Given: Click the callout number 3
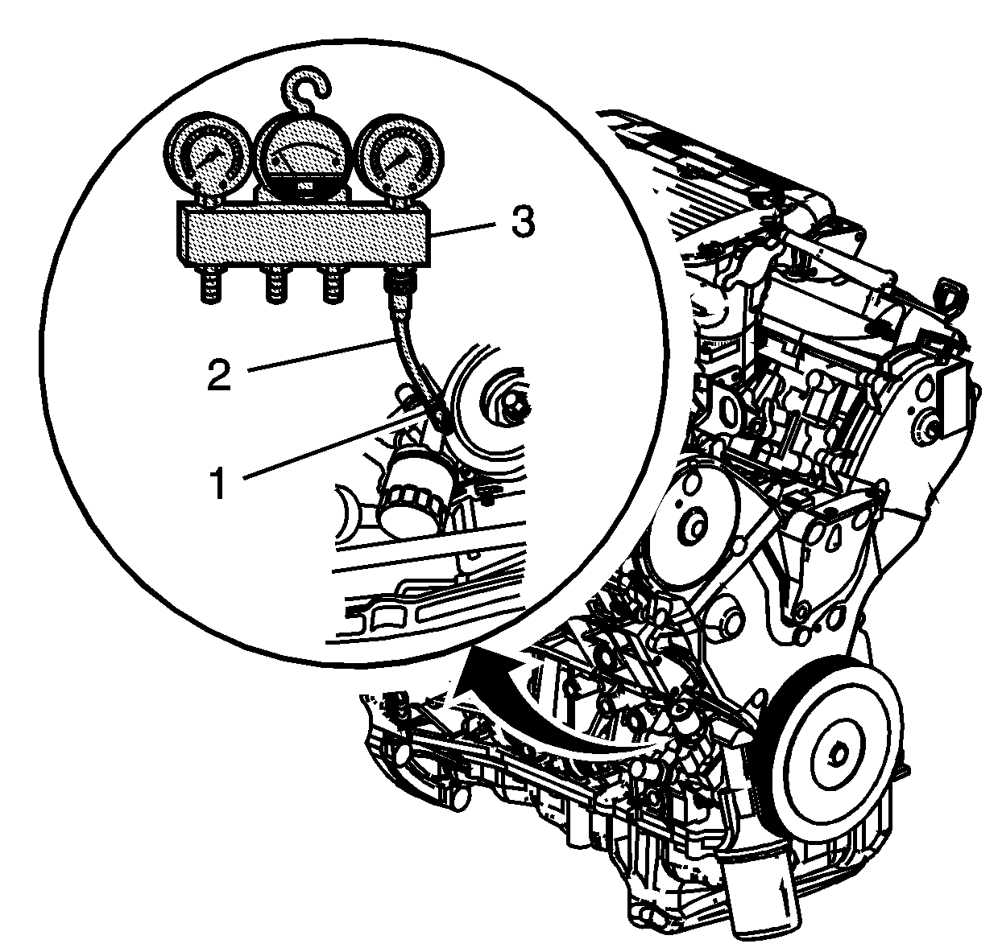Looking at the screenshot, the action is coord(523,221).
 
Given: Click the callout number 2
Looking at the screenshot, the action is coord(219,374).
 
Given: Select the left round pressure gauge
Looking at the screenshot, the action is coord(207,156).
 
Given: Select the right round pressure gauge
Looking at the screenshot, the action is coord(402,156).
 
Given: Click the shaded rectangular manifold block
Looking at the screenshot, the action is coord(304,235).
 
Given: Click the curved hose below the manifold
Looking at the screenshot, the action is coord(413,359).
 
